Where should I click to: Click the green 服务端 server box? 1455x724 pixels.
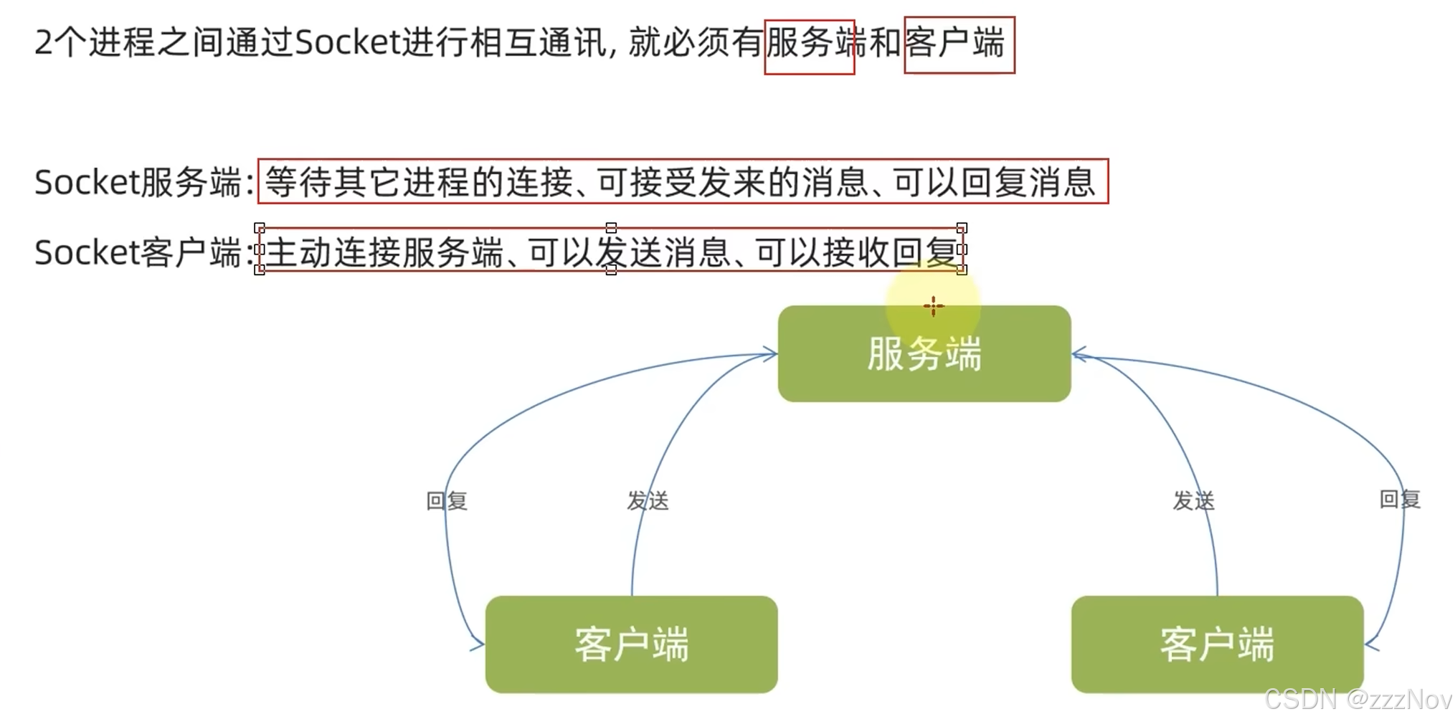click(924, 353)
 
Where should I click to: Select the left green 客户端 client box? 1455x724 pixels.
click(631, 644)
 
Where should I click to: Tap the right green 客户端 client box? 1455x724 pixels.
click(1217, 644)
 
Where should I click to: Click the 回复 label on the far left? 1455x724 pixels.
click(447, 500)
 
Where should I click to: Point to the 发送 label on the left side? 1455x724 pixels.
click(648, 500)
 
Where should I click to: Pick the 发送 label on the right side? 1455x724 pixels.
click(1193, 500)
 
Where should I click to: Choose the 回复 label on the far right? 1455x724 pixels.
click(1400, 499)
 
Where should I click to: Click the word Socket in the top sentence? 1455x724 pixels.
click(346, 43)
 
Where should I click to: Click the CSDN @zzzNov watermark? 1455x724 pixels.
click(1357, 699)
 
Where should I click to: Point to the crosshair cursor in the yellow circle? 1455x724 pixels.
click(933, 307)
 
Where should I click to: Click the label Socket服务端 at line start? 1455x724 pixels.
click(138, 182)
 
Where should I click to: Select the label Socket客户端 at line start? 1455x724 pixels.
click(138, 252)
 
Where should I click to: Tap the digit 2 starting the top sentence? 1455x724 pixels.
click(43, 43)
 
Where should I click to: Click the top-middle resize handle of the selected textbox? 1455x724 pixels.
click(611, 228)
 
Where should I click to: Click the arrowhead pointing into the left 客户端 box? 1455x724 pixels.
click(478, 644)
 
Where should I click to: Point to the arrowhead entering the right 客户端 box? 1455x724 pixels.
click(1370, 644)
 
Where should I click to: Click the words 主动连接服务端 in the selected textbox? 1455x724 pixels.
click(384, 252)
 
